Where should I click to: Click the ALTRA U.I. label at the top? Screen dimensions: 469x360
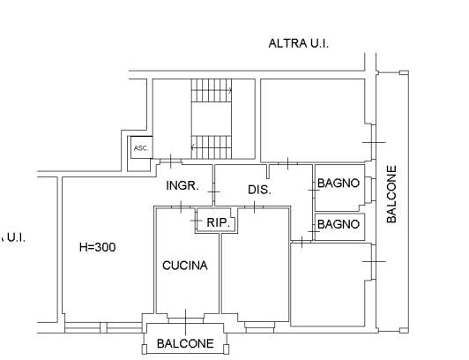tap(299, 43)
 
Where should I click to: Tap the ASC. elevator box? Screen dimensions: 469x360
tap(141, 147)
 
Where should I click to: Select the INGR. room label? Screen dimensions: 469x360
tap(182, 186)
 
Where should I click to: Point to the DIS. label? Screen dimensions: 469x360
tap(259, 190)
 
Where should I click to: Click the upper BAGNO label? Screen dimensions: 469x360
tap(339, 184)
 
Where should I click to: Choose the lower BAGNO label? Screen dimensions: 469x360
tap(339, 224)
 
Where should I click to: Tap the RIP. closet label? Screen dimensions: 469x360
tap(219, 222)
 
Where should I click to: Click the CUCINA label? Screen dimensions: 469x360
tap(185, 266)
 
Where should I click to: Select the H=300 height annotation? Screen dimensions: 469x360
tap(98, 247)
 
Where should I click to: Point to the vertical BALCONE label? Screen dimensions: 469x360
tap(391, 194)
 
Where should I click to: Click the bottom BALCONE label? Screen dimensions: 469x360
tap(185, 343)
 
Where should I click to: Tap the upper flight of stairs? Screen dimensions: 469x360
tap(212, 90)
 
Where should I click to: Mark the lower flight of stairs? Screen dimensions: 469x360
tap(212, 147)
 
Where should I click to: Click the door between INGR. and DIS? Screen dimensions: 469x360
tap(213, 191)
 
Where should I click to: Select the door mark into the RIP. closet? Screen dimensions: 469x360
tap(197, 221)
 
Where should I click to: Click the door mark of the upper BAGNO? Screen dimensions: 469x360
tap(314, 190)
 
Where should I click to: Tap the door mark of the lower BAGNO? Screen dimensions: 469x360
tap(314, 232)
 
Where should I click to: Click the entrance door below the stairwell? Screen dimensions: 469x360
tap(171, 161)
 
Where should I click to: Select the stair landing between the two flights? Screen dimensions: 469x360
tap(212, 119)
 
